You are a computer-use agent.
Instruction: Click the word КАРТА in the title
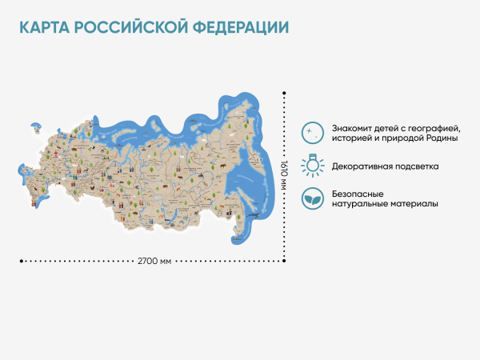[x=44, y=27]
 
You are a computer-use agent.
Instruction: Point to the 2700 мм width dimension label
[x=154, y=261]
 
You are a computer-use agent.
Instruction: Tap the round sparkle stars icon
[x=313, y=132]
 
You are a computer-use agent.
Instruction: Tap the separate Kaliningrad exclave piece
[x=36, y=126]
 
